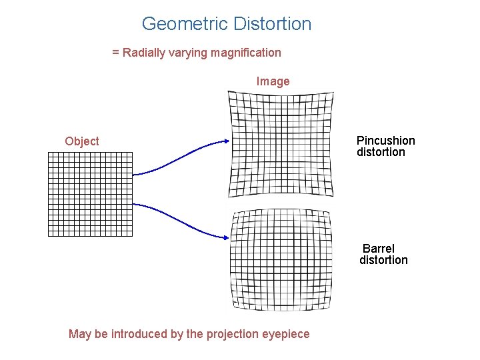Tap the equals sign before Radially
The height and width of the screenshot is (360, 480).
click(115, 53)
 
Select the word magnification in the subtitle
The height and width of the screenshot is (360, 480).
click(246, 53)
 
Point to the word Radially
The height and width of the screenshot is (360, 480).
click(145, 53)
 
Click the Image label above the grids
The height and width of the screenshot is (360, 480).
click(273, 81)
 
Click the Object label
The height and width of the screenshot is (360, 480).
click(82, 141)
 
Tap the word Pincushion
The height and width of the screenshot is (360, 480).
click(385, 141)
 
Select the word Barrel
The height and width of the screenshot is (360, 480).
click(379, 249)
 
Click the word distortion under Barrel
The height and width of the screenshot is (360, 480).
click(383, 260)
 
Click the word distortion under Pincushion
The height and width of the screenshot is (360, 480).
click(381, 152)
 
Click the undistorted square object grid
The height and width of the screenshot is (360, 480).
click(91, 194)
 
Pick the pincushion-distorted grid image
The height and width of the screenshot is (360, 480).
click(281, 144)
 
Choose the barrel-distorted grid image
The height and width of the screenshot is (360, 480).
click(281, 260)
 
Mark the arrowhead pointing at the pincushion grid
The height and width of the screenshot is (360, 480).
click(226, 141)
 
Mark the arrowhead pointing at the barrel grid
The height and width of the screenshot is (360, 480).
click(226, 235)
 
